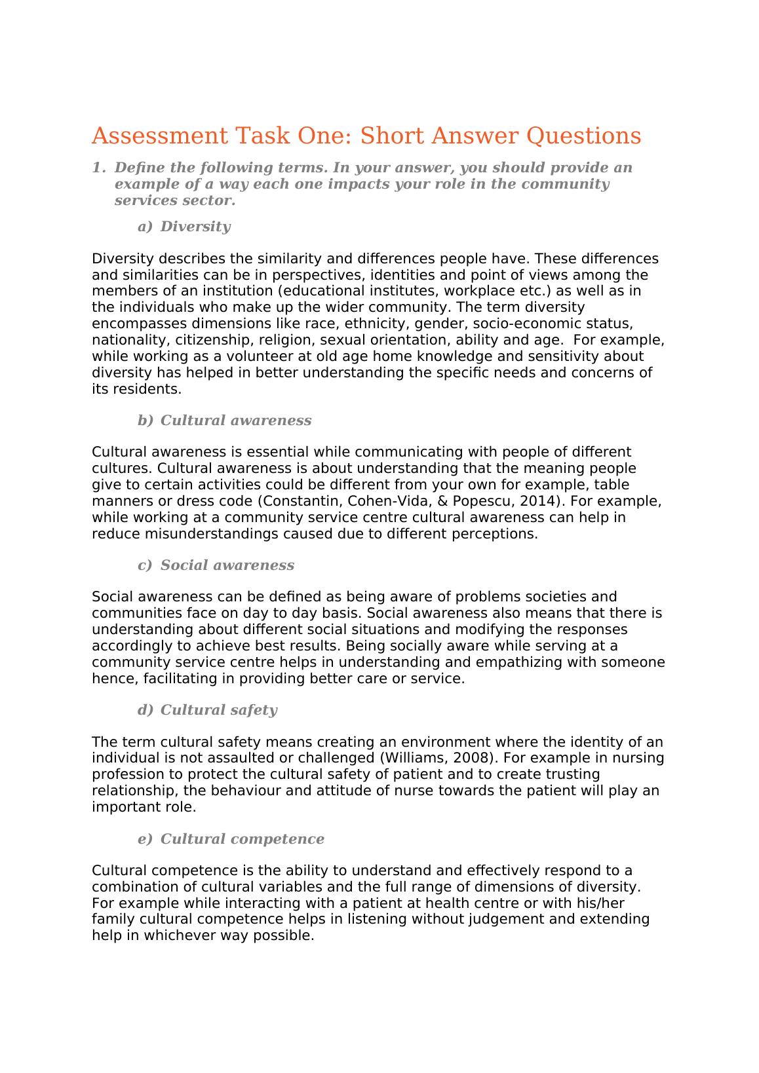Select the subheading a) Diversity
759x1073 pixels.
[184, 227]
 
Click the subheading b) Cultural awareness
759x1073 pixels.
[224, 421]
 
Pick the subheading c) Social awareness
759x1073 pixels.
[216, 565]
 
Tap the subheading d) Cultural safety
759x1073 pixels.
[207, 710]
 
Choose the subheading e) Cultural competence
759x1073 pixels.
[231, 839]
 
